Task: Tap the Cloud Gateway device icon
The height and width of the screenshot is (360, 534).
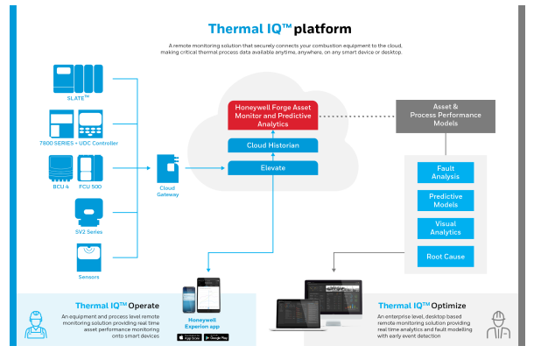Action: [x=168, y=166]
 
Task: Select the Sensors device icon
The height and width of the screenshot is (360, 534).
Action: [x=86, y=258]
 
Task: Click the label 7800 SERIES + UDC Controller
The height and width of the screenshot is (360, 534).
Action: [x=87, y=143]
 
